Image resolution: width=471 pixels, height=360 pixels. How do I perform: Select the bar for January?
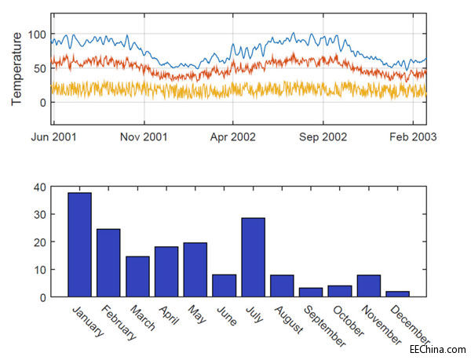[79, 245]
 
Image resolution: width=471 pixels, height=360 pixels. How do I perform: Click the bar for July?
[253, 257]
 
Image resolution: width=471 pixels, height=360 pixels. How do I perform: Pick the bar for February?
[108, 263]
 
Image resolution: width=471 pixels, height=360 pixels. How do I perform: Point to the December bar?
[397, 294]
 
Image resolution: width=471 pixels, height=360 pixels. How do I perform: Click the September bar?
[311, 293]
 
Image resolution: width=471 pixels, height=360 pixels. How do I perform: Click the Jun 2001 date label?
[53, 136]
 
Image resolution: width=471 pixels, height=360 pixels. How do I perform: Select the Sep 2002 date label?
[323, 136]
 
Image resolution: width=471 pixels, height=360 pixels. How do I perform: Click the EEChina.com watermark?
[437, 347]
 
